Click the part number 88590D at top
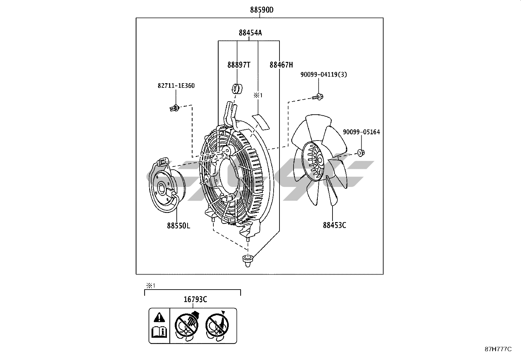pos(262,10)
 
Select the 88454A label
pos(250,33)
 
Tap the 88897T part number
pos(239,65)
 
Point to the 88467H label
pos(281,65)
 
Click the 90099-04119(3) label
pos(324,74)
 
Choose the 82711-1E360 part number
pos(176,86)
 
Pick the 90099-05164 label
pos(361,132)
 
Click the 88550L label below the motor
pos(178,226)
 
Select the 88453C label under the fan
pos(334,225)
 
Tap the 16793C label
pos(195,299)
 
